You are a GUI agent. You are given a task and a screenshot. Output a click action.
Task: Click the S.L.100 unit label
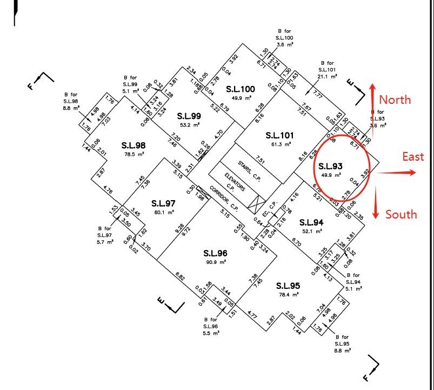point(241,89)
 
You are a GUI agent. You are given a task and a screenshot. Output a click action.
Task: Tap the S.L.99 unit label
point(189,115)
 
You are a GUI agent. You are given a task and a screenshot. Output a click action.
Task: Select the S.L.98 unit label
point(133,145)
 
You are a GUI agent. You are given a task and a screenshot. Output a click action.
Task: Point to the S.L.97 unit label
point(163,203)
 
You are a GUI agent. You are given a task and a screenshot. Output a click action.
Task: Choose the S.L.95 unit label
point(288,286)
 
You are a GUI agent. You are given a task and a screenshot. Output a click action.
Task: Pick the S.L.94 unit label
point(311,222)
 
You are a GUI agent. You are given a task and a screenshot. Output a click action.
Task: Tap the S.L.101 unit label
point(281,134)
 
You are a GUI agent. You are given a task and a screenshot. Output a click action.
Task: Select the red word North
point(395,100)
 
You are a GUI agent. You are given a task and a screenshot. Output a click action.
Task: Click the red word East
point(413,157)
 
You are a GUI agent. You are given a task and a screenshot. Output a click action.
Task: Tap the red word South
point(401,214)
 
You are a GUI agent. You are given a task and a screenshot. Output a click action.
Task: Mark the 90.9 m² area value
point(215,262)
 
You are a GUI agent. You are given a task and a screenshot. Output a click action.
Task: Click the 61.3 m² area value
point(281,144)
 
